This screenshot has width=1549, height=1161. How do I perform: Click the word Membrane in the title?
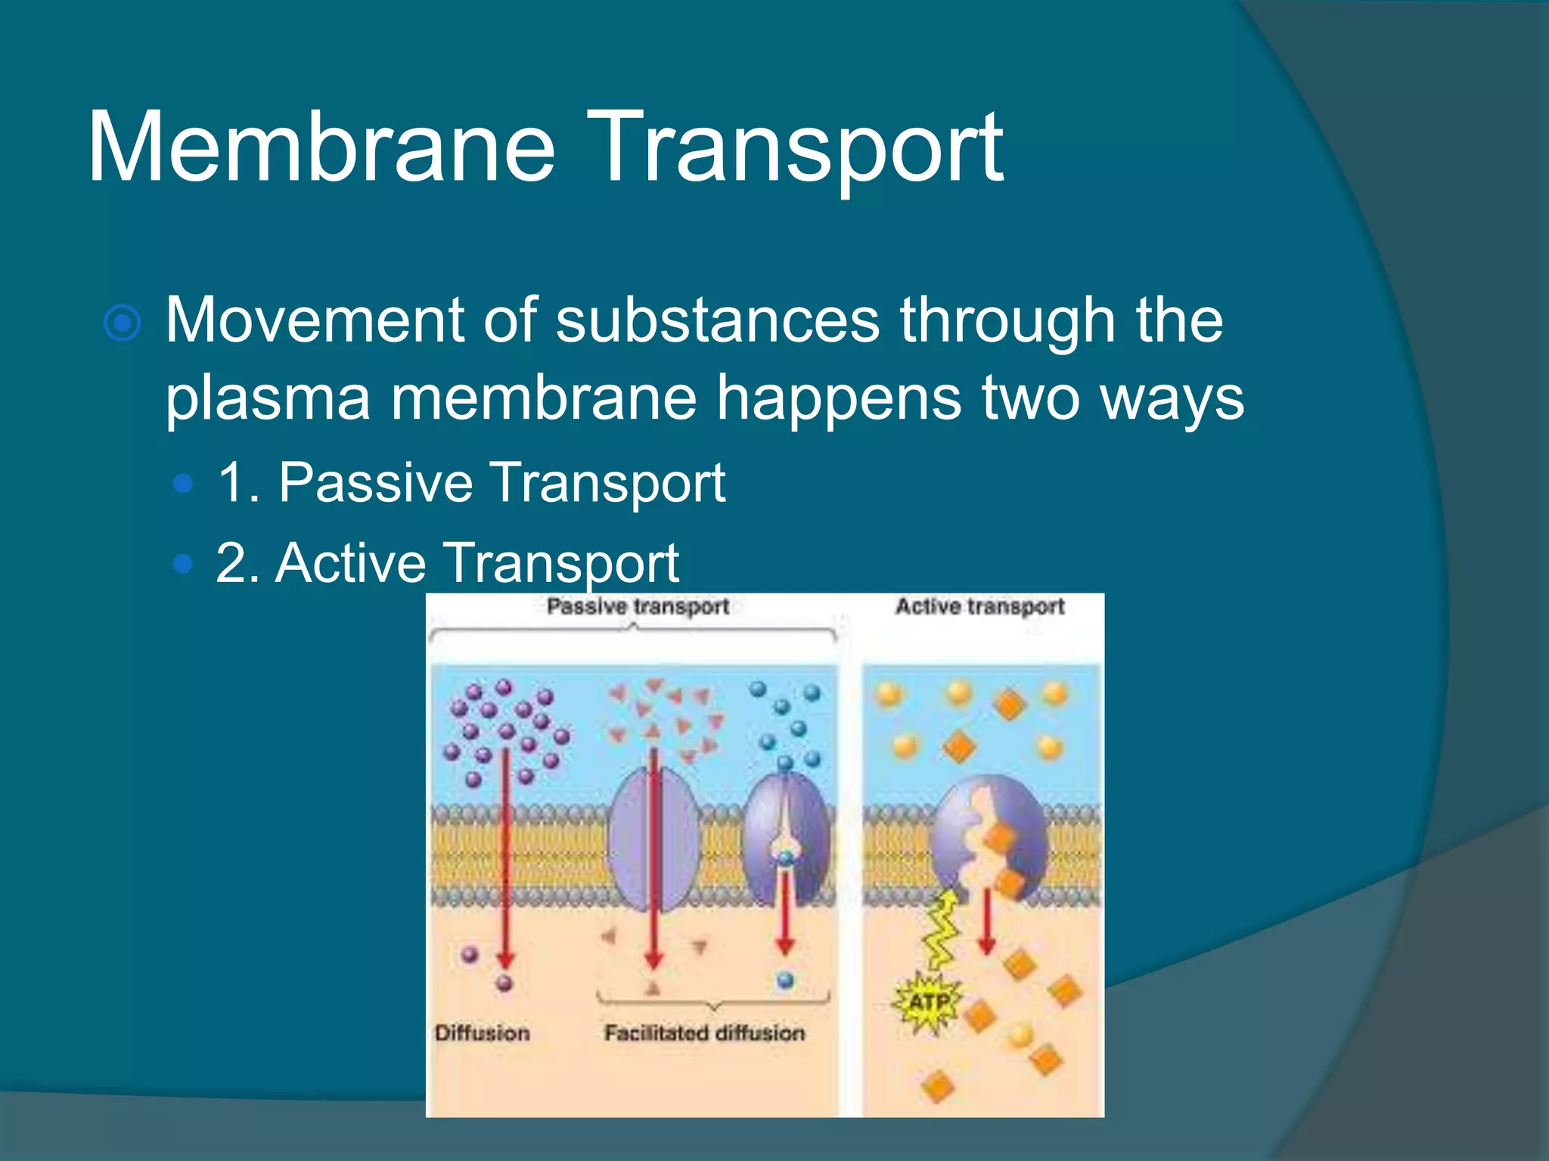coord(321,147)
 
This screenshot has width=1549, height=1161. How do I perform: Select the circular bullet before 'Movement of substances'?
coord(123,324)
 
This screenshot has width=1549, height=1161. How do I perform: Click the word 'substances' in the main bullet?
coord(718,320)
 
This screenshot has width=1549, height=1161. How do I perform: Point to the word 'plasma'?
coord(268,399)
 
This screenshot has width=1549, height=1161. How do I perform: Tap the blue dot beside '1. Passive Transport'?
coord(183,483)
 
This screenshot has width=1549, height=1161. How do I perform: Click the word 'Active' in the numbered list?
coord(351,563)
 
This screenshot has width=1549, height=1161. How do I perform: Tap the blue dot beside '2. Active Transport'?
coord(183,563)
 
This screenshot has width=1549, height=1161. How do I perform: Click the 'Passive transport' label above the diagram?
coord(638,606)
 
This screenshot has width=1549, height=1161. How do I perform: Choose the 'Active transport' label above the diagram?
coord(980,606)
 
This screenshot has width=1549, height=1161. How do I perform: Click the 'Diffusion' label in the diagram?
coord(482,1033)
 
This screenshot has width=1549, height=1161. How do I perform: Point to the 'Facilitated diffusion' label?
coord(704,1033)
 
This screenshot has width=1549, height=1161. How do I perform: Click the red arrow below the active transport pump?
coord(986,922)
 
